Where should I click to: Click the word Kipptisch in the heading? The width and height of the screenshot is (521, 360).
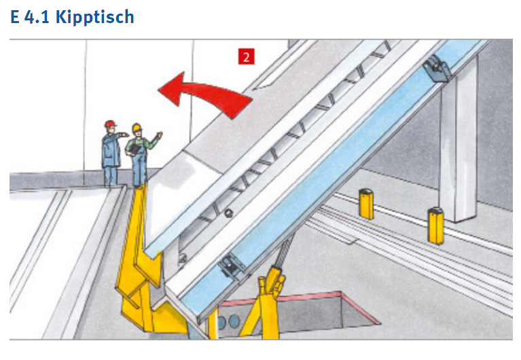(x=94, y=17)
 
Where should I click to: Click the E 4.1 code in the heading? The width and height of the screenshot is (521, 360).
(x=30, y=16)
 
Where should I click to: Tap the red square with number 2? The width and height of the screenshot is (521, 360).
(x=246, y=56)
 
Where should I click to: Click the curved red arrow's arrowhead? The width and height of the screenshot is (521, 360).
(x=171, y=89)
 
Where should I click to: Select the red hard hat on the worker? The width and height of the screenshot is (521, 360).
(x=110, y=124)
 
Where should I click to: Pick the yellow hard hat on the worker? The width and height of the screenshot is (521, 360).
(x=137, y=127)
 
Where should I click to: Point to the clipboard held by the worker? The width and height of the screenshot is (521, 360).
(x=134, y=149)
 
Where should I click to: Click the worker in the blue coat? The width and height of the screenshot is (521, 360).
(x=112, y=153)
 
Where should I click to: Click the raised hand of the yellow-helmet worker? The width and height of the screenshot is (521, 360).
(x=160, y=135)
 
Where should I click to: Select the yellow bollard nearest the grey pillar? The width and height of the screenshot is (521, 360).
(x=435, y=226)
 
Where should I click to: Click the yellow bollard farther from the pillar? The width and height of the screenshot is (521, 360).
(x=367, y=204)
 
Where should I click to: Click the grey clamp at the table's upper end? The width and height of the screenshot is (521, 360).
(x=437, y=68)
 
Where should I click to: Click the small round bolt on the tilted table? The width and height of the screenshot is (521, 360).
(x=228, y=213)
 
